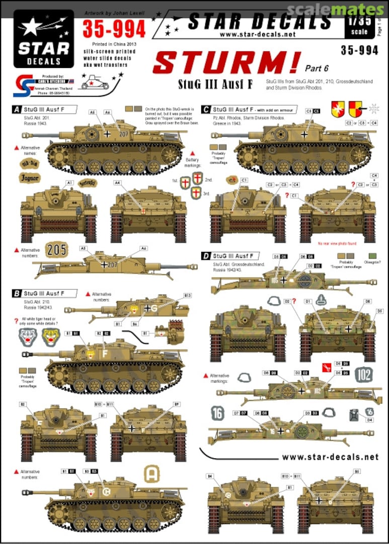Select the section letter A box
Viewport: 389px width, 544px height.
click(x=17, y=109)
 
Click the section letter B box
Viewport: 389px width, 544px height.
click(x=17, y=293)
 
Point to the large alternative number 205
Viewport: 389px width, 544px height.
click(x=57, y=250)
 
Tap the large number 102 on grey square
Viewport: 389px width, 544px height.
click(x=364, y=374)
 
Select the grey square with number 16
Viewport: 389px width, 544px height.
click(x=217, y=414)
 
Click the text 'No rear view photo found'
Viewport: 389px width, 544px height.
click(x=337, y=244)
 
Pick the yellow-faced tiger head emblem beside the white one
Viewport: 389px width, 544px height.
click(x=51, y=337)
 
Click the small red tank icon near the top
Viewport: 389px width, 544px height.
click(x=92, y=82)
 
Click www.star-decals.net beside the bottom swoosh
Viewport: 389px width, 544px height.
click(x=330, y=457)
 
